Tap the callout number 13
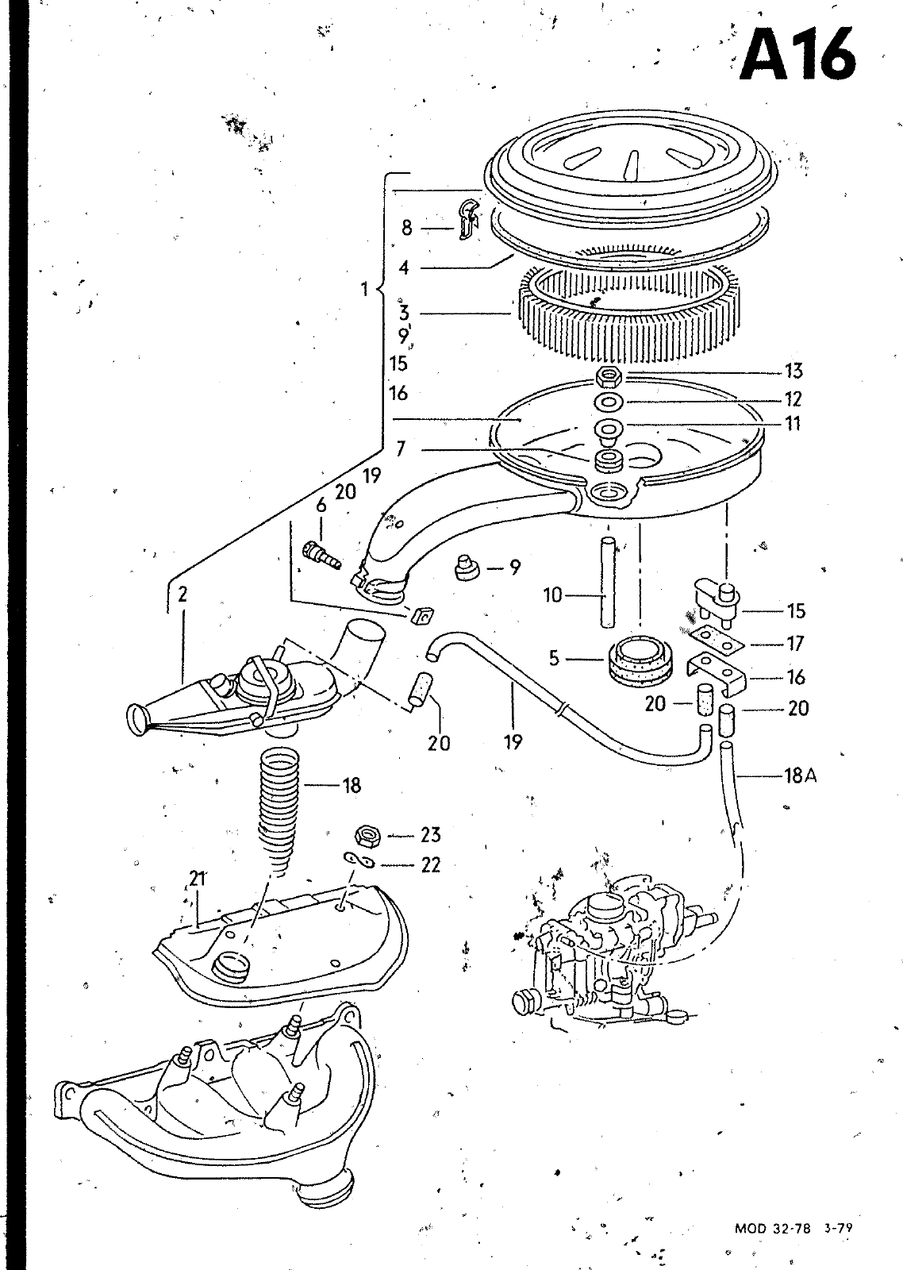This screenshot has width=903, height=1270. pos(793,371)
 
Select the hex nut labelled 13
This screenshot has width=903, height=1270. pos(609,375)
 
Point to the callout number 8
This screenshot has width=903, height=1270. pos(407,228)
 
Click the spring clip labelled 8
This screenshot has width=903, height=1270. pos(467,218)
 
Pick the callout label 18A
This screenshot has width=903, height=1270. pos(801,775)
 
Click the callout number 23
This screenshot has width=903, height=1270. pos(431,835)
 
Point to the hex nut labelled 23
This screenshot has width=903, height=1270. pos(367,836)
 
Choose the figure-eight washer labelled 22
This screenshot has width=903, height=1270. pos(359,860)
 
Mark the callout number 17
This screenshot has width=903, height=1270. pos(795,644)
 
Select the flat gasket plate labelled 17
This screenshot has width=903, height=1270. pos(716,639)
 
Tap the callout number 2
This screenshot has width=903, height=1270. pos(183,595)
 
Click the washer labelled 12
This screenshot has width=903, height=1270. pos(609,402)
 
